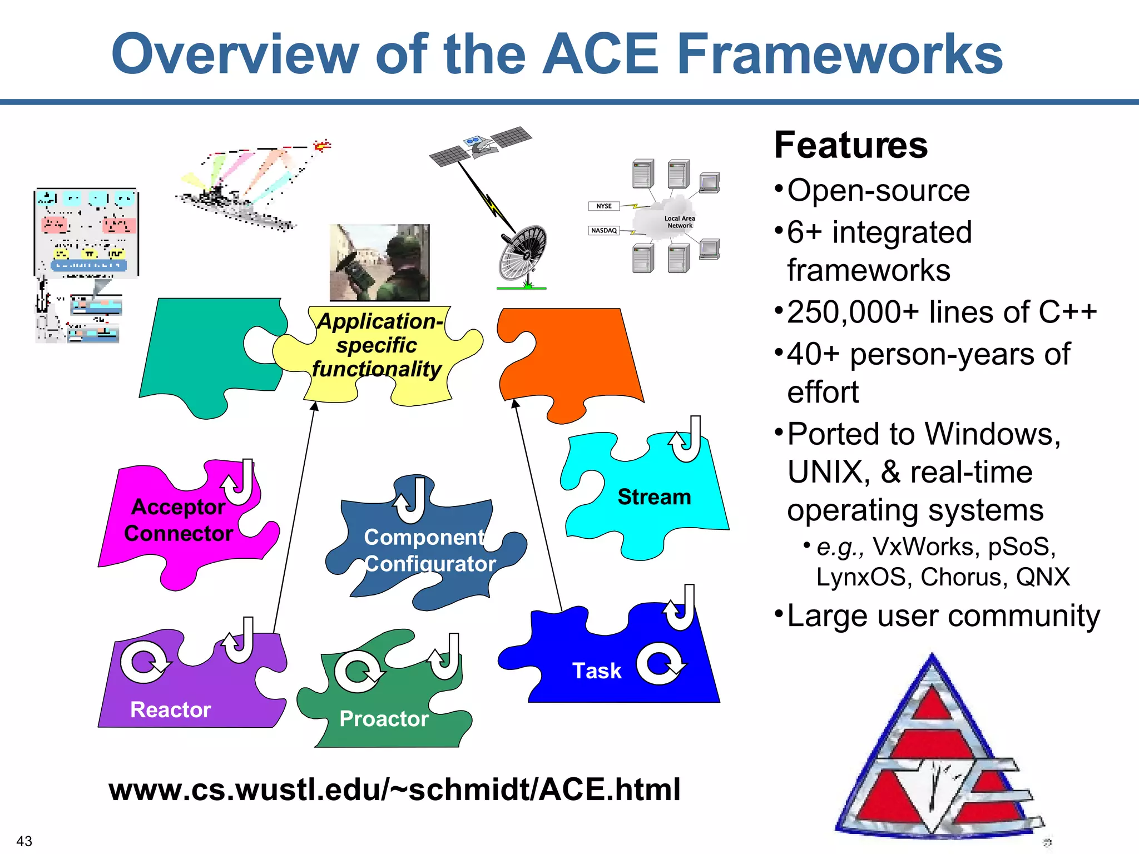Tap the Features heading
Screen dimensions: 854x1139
coord(851,146)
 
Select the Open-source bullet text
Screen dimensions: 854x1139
coord(879,191)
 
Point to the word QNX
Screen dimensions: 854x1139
coord(1043,577)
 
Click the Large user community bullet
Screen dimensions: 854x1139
coord(943,616)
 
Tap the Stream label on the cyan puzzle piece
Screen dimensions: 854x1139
coord(654,496)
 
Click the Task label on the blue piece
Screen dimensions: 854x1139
coord(596,671)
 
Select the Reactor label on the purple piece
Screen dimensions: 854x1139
coord(170,709)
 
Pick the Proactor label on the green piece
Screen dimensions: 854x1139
coord(384,719)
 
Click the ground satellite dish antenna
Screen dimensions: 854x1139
coord(523,253)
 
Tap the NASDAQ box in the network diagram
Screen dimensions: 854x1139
coord(604,230)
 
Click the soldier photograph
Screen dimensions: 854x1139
coord(379,262)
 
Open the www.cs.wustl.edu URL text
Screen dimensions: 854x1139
coord(394,790)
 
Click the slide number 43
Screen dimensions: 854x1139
coord(24,841)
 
